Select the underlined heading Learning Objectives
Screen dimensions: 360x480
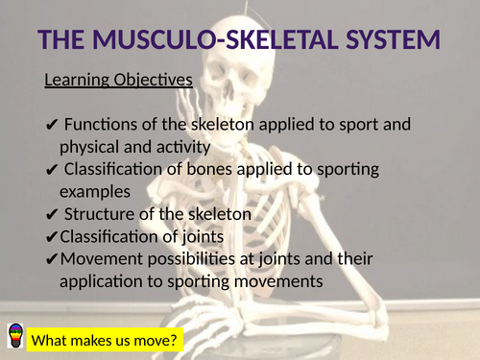pos(118,80)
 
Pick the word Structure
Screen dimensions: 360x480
pos(100,213)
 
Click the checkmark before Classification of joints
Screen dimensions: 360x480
pos(51,236)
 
